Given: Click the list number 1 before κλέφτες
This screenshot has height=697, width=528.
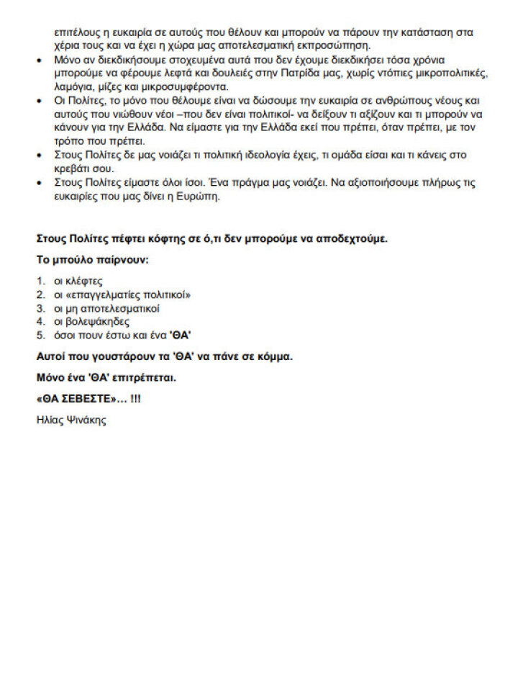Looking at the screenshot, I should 40,281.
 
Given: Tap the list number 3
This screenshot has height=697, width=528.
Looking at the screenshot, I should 40,308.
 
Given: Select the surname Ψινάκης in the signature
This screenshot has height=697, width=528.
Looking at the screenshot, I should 86,420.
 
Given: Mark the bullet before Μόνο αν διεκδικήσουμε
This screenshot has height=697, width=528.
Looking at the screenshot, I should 40,60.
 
